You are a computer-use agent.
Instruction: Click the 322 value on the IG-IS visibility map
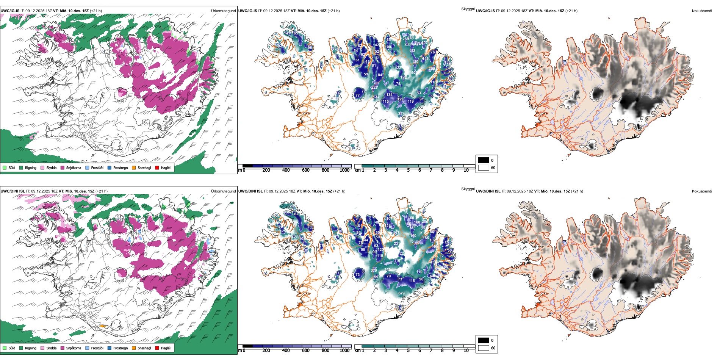(401, 113)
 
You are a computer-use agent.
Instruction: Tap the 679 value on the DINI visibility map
(401, 293)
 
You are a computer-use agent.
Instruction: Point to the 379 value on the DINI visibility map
(374, 271)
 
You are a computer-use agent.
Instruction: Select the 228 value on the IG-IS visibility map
(374, 88)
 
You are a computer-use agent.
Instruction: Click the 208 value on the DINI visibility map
(295, 236)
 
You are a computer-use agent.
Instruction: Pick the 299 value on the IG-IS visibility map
(432, 69)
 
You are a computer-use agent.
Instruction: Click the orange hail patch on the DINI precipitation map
(102, 326)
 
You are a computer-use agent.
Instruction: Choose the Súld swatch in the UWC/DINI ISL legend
(5, 348)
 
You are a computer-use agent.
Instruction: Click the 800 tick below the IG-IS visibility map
(326, 170)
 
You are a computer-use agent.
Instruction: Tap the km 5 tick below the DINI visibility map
(409, 351)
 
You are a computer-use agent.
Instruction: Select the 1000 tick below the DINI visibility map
(344, 351)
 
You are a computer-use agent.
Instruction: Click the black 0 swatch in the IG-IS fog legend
(484, 160)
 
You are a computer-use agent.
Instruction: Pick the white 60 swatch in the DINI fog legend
(484, 348)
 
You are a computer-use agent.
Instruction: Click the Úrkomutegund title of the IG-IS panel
(223, 11)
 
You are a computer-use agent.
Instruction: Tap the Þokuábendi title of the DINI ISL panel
(702, 191)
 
